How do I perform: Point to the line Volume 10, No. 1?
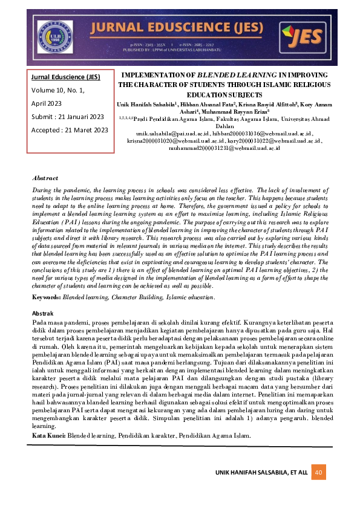point(57,90)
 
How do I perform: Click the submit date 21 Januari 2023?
point(80,117)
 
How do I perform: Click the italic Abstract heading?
point(45,178)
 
